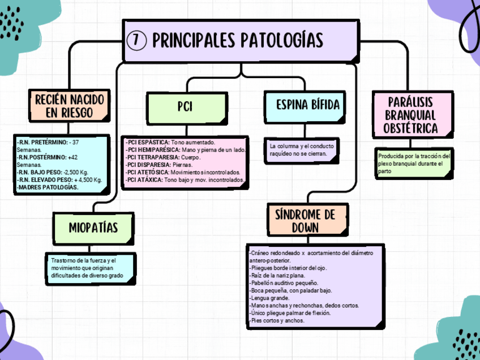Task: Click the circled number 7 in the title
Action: coord(137,40)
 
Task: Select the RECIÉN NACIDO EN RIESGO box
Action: coord(69,106)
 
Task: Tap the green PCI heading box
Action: coord(185,106)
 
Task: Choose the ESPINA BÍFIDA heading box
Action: coord(307,105)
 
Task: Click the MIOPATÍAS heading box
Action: coord(93,228)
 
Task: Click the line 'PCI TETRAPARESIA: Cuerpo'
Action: coord(163,157)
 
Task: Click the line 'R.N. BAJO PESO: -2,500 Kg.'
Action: coord(53,172)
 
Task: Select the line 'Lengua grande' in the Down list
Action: coord(269,298)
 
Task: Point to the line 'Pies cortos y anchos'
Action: coord(277,320)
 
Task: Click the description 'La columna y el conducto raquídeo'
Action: coord(302,149)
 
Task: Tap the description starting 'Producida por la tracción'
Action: coord(414,163)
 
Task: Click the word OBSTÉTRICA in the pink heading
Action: coord(410,128)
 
